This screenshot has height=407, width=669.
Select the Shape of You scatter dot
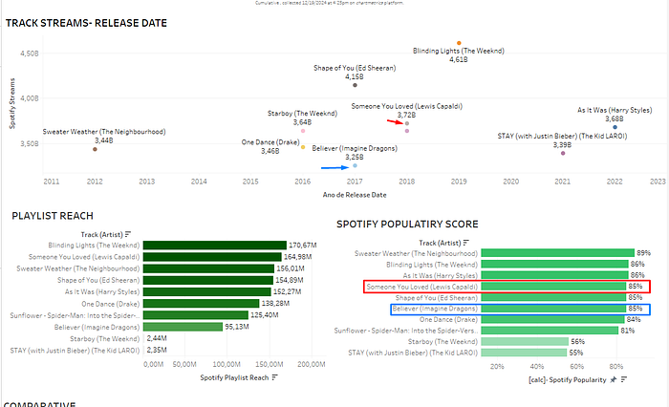(x=355, y=85)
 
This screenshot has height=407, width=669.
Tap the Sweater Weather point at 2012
(x=95, y=149)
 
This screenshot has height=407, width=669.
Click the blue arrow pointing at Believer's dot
(x=334, y=167)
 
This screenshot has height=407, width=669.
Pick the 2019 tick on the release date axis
(x=458, y=181)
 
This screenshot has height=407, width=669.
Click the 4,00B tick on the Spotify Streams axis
(x=27, y=97)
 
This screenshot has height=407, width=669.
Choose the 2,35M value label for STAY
(x=157, y=350)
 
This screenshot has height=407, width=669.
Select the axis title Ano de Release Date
(x=353, y=194)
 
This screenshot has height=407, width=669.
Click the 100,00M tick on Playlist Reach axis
(x=226, y=364)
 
